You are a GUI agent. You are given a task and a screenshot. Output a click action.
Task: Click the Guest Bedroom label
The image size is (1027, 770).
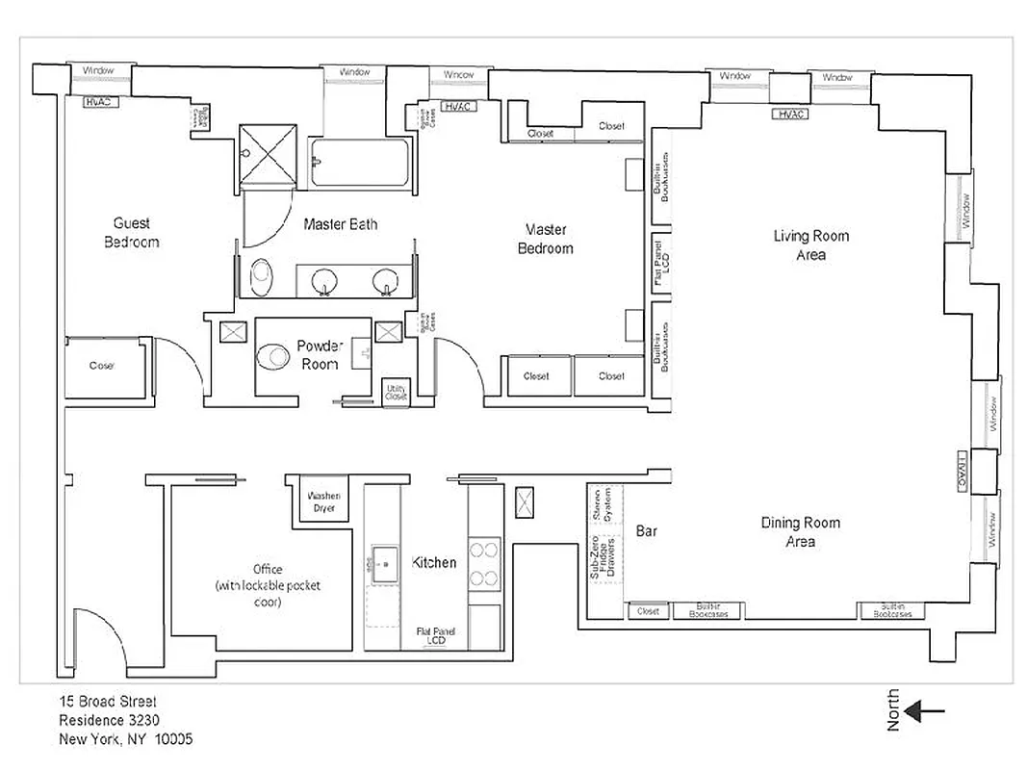131,232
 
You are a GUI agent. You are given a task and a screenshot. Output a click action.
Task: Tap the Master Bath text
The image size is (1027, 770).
340,224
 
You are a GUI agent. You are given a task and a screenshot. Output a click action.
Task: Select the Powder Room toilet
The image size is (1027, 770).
274,357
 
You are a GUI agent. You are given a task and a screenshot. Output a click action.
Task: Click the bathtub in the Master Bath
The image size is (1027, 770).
361,164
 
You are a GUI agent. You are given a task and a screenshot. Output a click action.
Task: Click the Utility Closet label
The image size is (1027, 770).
396,392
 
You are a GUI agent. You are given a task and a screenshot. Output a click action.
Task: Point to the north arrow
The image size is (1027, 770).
927,712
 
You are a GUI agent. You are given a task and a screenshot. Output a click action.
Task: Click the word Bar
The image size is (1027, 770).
647,530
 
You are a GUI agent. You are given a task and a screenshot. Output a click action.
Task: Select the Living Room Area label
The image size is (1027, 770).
810,244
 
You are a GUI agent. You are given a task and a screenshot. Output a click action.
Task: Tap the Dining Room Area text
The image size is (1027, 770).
800,532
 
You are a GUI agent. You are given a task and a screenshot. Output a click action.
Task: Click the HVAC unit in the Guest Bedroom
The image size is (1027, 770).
101,101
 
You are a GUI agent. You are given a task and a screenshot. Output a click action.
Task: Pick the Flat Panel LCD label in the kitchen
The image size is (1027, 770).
436,635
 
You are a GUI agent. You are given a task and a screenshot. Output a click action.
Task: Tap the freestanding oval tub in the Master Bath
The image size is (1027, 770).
262,278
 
